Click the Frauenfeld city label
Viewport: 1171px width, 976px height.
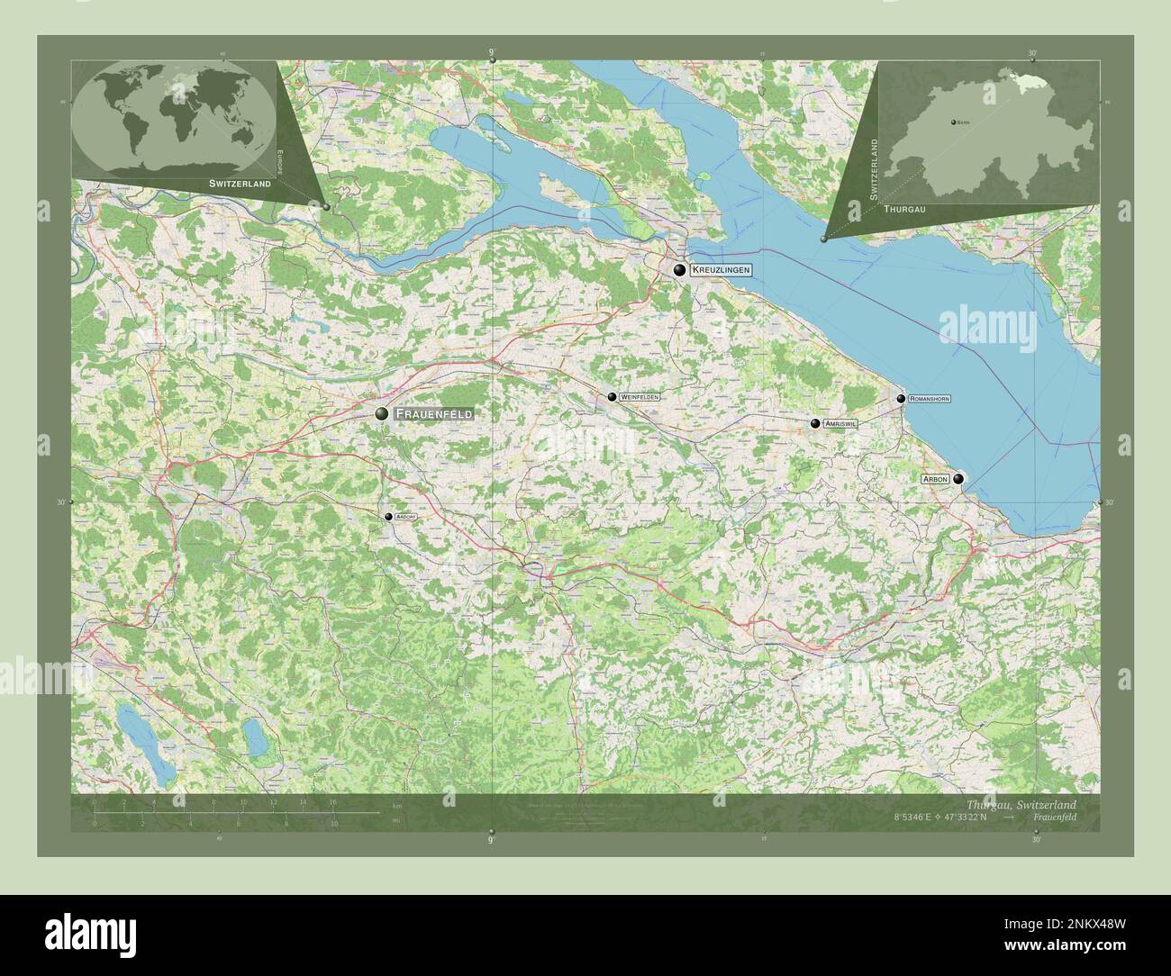pyautogui.click(x=433, y=413)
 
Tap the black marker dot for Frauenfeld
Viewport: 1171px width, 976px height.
pyautogui.click(x=383, y=413)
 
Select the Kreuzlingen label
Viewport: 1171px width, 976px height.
pyautogui.click(x=721, y=269)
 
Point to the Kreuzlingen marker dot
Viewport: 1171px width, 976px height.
pyautogui.click(x=680, y=269)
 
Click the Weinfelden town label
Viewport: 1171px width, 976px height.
pyautogui.click(x=640, y=397)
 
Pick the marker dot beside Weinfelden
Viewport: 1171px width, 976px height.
pyautogui.click(x=612, y=397)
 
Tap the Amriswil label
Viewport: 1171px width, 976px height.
pyautogui.click(x=840, y=423)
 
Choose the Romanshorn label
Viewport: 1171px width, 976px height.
pyautogui.click(x=929, y=398)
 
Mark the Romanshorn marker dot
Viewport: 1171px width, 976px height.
pyautogui.click(x=901, y=398)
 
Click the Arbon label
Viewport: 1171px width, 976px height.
pyautogui.click(x=935, y=479)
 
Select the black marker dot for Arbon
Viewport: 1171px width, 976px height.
pyautogui.click(x=958, y=479)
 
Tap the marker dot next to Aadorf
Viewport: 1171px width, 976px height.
pyautogui.click(x=388, y=517)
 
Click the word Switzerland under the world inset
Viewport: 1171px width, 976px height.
pyautogui.click(x=240, y=183)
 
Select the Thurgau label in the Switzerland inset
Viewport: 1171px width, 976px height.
pyautogui.click(x=904, y=208)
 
